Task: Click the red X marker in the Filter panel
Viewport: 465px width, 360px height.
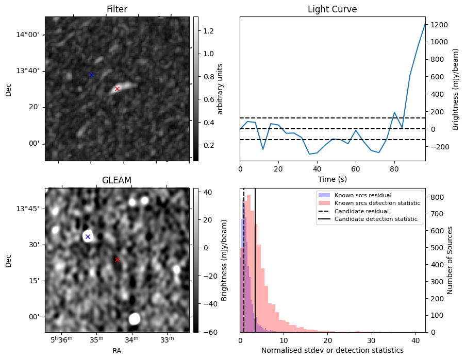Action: (x=117, y=89)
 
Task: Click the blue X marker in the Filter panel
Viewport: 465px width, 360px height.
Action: (x=91, y=75)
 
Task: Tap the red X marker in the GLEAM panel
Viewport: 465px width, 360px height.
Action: (x=117, y=260)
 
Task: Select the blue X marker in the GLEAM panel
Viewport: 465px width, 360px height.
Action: (x=88, y=236)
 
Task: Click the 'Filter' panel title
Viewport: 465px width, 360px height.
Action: (x=117, y=9)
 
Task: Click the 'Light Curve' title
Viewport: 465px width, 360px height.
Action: (x=332, y=9)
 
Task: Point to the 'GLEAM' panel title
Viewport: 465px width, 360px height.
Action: (x=117, y=180)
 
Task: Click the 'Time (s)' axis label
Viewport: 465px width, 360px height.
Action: (x=332, y=179)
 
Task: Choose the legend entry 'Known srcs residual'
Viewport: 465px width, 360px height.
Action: (x=363, y=195)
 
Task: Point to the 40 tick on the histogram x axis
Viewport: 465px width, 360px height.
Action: (x=415, y=340)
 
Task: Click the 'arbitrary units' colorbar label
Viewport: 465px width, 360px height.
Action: (x=220, y=89)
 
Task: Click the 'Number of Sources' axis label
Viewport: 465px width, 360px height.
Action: (x=450, y=260)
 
